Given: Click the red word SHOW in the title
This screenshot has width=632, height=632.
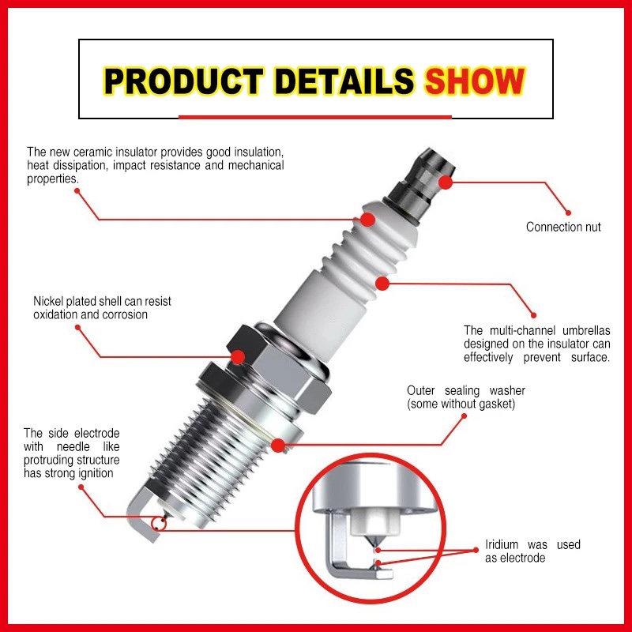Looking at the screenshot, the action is pos(475,81).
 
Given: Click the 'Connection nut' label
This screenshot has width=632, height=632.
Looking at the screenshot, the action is pos(563,227).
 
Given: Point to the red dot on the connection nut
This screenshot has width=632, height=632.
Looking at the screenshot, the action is pos(446,182).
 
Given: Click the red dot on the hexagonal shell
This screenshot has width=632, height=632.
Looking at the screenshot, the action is pos(238,357).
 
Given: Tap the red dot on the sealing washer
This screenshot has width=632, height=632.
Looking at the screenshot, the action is pos(278,446).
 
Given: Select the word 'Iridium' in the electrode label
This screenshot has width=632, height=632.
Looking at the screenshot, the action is pos(502,544).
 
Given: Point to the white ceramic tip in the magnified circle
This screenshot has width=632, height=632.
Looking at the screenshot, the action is pos(374,521).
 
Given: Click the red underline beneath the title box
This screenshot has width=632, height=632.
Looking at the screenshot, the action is pos(314,117).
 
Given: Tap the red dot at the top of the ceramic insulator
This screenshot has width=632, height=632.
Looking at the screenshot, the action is pos(367,220).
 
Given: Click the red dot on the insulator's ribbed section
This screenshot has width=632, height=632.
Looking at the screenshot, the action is pos(382,284).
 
